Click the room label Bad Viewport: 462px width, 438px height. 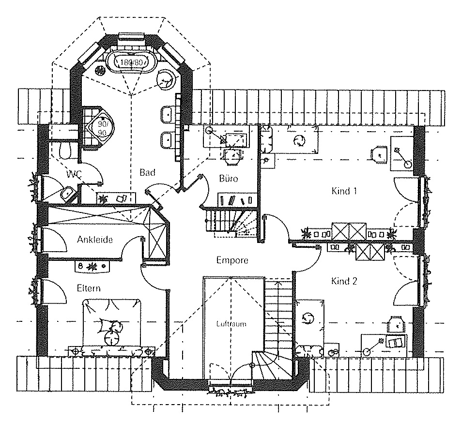pos(147,172)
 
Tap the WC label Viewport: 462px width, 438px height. pos(74,174)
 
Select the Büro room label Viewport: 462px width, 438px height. pos(229,179)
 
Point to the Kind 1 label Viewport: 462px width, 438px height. pos(344,191)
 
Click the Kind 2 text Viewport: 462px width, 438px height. pos(344,281)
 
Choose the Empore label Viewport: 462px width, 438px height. pos(232,260)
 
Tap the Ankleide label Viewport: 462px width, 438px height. pos(94,240)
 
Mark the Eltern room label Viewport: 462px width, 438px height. pos(89,288)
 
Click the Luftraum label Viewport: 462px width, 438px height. pos(231,324)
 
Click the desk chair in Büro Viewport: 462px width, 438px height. pos(233,156)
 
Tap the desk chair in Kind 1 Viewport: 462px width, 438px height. pos(379,154)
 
